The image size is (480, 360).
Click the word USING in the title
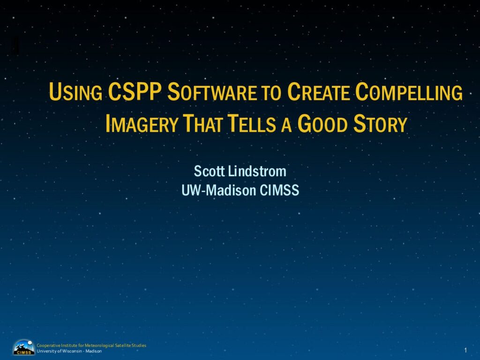(75, 92)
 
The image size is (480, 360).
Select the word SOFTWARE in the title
(212, 92)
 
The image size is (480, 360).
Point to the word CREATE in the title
(318, 92)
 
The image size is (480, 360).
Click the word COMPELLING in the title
(409, 92)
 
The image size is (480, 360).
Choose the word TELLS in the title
(251, 123)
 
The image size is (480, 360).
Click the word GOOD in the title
(322, 123)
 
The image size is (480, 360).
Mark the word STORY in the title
(380, 123)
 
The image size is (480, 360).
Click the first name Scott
(210, 171)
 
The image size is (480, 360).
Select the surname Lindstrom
(257, 171)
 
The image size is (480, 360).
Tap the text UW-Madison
(218, 190)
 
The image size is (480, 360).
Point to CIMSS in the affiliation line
(279, 190)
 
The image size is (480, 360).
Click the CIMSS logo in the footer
(24, 347)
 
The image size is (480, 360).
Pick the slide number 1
(465, 350)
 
